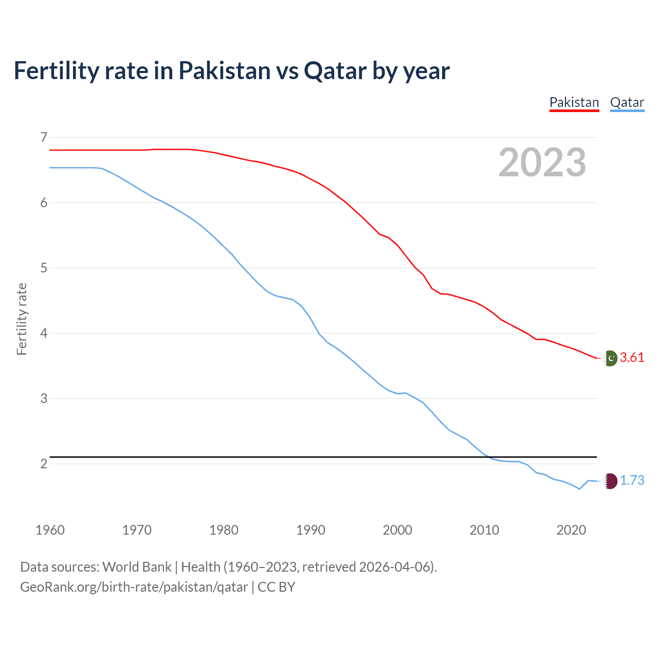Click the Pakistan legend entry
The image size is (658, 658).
[574, 102]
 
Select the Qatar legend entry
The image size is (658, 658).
[627, 102]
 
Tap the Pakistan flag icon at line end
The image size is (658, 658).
[610, 358]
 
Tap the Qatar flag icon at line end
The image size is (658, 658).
[610, 481]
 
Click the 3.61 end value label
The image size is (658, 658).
[632, 357]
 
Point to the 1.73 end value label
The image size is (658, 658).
[632, 480]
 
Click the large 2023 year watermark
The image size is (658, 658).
[542, 162]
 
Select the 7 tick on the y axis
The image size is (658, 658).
[44, 137]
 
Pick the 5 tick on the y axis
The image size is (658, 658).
[44, 268]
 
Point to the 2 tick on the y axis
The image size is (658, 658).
[44, 464]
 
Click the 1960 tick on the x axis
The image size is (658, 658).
[50, 530]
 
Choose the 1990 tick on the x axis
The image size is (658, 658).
[310, 530]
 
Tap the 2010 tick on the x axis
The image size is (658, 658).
[484, 530]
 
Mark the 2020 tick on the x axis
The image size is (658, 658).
[571, 530]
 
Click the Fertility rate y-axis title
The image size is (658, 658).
[22, 319]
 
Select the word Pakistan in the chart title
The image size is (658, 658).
[224, 70]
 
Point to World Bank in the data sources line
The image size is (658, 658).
[137, 567]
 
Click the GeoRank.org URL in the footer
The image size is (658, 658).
[134, 587]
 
